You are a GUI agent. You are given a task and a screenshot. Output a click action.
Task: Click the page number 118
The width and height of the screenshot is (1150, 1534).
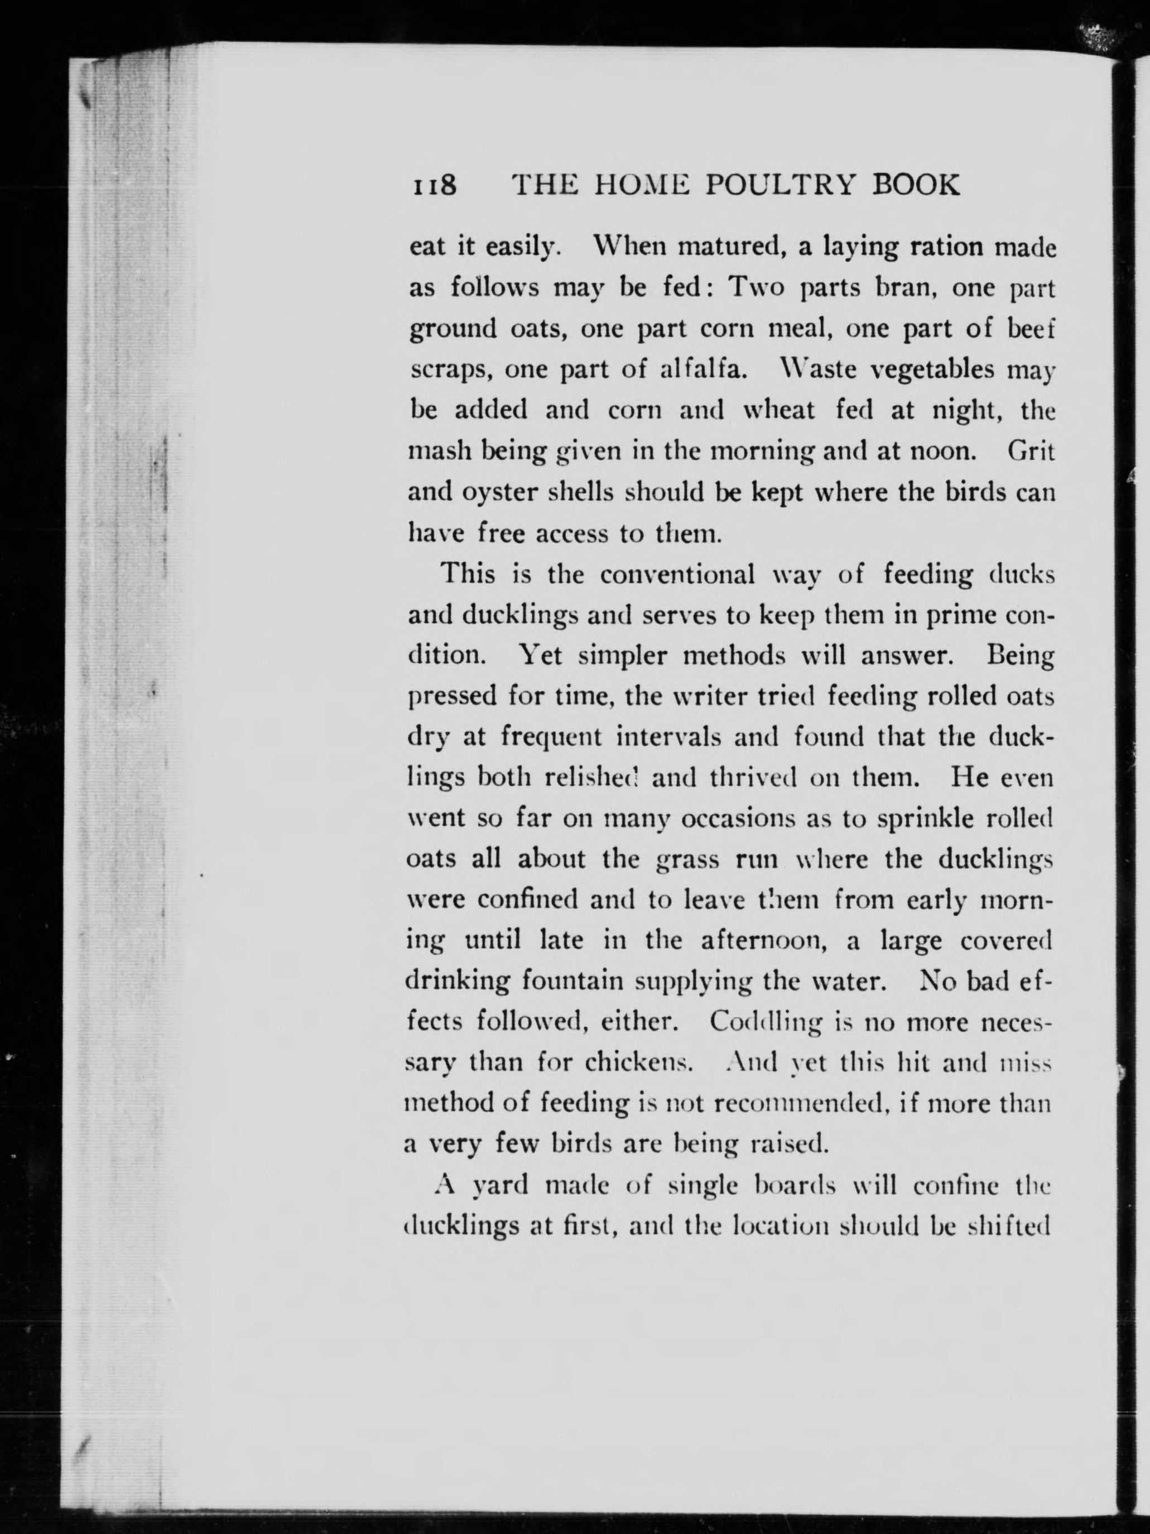[434, 185]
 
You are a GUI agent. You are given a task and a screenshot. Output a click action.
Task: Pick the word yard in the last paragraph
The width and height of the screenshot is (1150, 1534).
[499, 1185]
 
